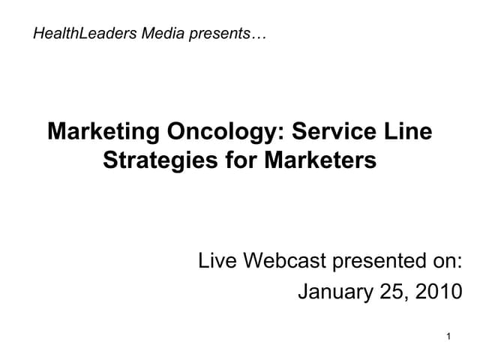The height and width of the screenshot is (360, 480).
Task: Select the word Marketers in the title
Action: tap(319, 160)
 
